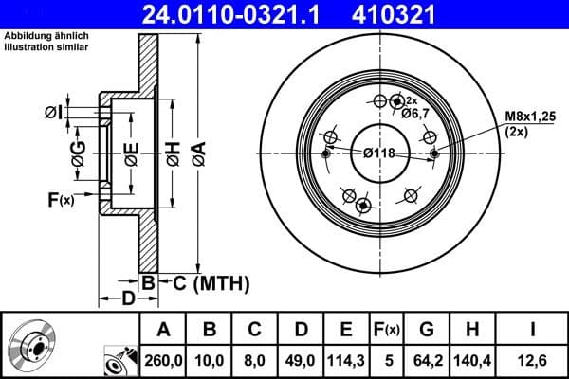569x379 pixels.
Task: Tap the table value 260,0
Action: pos(163,360)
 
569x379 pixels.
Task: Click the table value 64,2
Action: pos(426,360)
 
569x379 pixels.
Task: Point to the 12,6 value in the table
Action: pos(533,360)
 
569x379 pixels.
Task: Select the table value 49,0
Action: pos(302,360)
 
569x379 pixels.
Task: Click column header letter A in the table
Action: pos(163,329)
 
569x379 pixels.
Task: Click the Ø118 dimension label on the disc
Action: pos(379,153)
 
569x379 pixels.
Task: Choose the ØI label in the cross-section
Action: pos(54,113)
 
